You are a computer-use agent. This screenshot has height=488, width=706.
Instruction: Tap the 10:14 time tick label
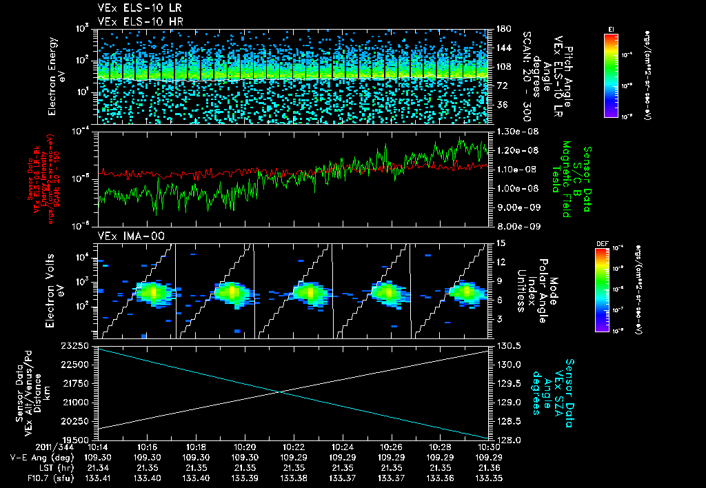[x=99, y=447]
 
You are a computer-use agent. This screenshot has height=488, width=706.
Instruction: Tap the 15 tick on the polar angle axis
[x=497, y=243]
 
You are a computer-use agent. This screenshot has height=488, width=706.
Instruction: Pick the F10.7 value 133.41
[x=99, y=477]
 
